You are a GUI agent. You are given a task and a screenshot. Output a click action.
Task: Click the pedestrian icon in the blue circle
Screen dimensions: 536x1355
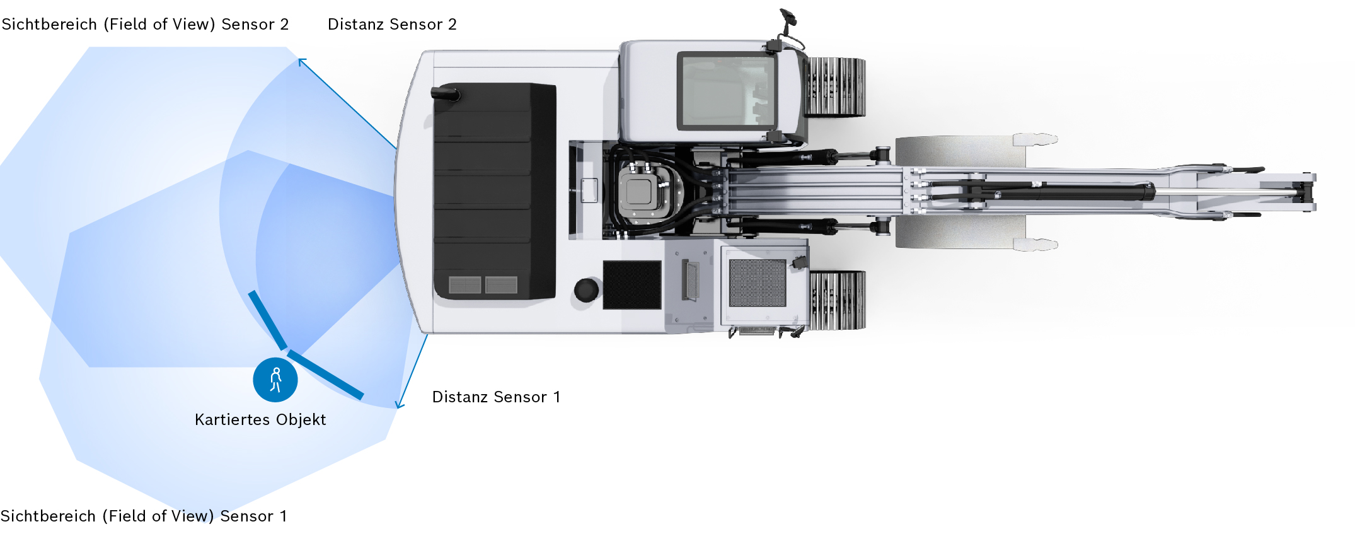(275, 380)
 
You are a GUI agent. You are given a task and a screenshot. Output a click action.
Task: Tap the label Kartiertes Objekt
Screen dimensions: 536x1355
(260, 420)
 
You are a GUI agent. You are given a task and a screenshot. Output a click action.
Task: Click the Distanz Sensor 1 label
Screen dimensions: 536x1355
(496, 397)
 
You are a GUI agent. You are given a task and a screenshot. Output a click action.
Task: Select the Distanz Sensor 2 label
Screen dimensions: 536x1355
(392, 25)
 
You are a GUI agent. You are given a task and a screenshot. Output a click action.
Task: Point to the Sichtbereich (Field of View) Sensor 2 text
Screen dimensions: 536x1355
(145, 25)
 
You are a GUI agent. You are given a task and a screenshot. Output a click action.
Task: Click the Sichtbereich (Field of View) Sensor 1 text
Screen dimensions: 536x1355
(144, 516)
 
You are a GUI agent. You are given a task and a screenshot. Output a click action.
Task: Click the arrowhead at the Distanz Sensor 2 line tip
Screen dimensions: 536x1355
(301, 61)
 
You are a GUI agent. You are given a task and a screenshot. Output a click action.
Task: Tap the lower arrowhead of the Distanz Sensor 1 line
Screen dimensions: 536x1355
(399, 405)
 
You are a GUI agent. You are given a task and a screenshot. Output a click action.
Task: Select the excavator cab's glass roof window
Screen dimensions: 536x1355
(726, 91)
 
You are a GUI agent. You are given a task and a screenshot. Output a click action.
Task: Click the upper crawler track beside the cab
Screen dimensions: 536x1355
(836, 87)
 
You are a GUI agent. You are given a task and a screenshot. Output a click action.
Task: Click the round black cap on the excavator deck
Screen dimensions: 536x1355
(586, 290)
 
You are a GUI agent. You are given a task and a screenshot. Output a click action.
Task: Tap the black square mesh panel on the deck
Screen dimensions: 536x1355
(631, 285)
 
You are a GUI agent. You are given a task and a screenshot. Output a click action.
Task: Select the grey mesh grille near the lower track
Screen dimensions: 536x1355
(757, 283)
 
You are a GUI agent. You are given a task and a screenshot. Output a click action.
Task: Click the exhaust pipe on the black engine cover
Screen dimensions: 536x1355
(446, 94)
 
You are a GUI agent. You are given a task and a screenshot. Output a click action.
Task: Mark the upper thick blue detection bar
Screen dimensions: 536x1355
(268, 320)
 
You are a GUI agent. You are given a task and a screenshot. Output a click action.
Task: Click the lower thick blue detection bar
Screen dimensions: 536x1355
(326, 375)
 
